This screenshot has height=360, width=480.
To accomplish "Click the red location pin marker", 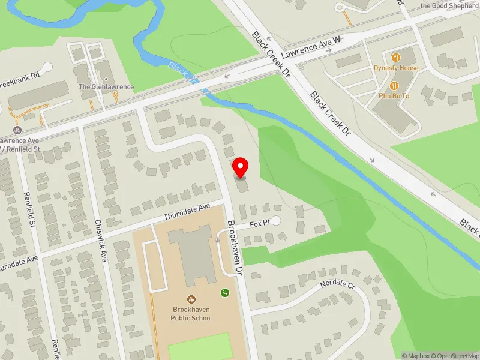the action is [241, 167].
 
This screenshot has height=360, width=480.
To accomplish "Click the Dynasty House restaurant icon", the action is [395, 58].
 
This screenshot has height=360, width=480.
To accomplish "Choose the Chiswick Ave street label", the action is [101, 239].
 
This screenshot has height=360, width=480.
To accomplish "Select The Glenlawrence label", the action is [106, 87].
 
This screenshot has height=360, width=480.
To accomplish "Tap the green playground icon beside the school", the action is [225, 293].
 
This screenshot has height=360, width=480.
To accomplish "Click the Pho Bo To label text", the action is [394, 96].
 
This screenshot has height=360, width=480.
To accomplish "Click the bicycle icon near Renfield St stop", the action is [17, 130].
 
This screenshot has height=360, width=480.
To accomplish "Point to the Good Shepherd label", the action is [449, 6].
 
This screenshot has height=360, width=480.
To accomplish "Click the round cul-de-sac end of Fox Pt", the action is [275, 221].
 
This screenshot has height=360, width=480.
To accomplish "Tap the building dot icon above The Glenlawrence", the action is [106, 79].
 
